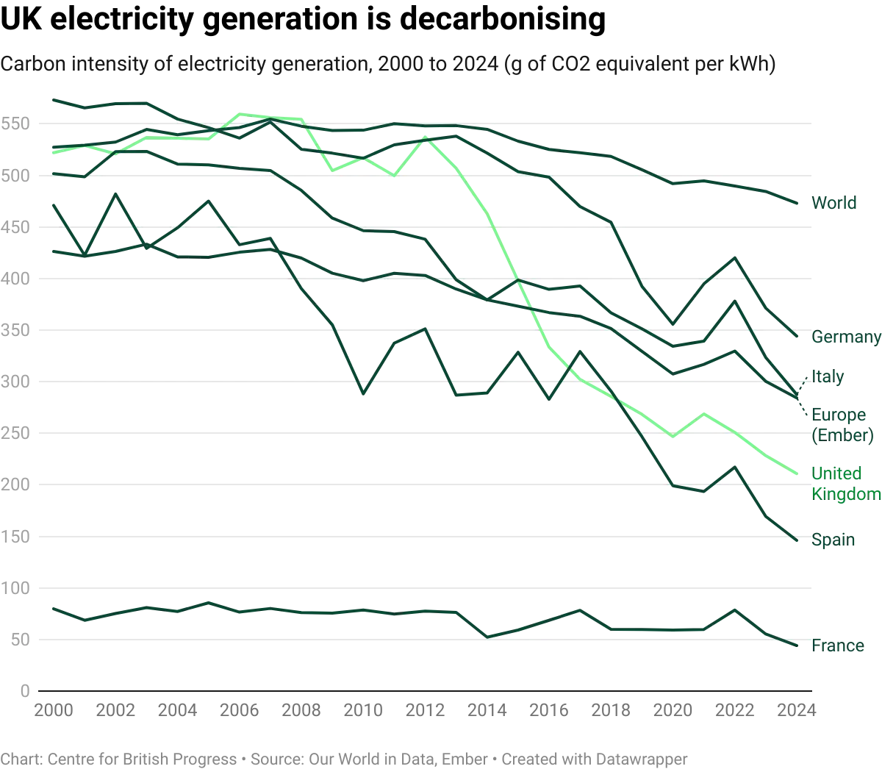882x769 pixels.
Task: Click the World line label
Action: [834, 203]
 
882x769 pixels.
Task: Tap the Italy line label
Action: [828, 376]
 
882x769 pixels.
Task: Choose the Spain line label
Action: [833, 540]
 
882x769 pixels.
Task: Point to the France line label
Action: [837, 646]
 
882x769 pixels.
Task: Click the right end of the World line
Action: [799, 204]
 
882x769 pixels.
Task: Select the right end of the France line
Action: [799, 644]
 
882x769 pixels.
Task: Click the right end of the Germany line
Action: [799, 335]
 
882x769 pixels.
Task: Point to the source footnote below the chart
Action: [345, 756]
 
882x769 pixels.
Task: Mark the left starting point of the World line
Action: [49, 96]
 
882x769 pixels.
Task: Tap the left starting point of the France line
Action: [49, 607]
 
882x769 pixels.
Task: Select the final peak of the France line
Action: [734, 608]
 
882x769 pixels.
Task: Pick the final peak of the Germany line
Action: [734, 255]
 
